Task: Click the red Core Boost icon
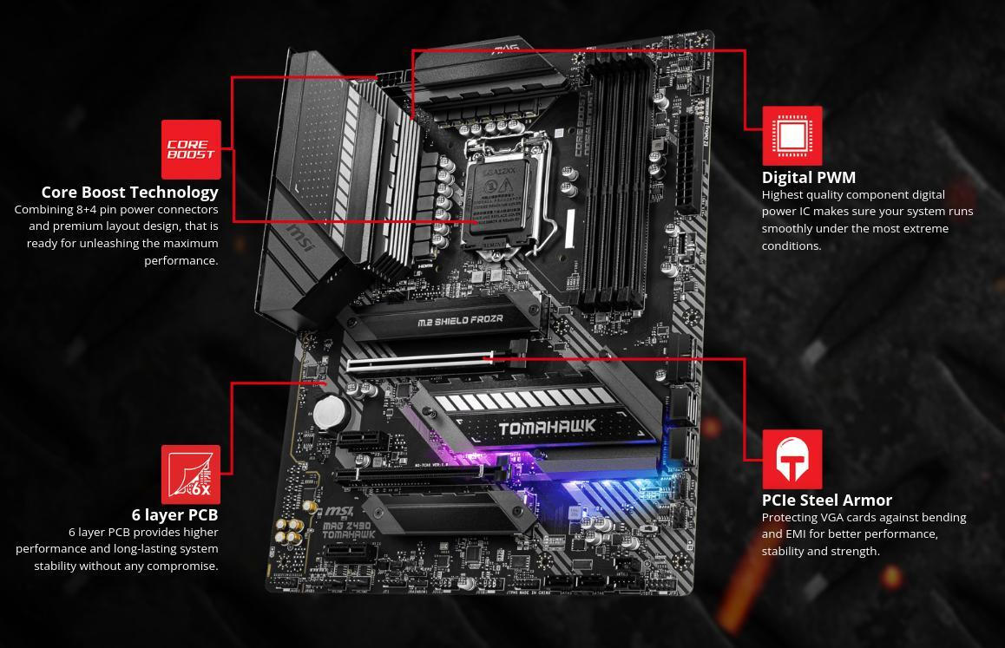pos(191,149)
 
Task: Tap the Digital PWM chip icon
pos(792,136)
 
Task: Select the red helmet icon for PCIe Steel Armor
pos(792,459)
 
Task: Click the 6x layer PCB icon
pos(191,474)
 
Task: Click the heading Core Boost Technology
pos(129,192)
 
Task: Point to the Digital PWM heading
pos(808,177)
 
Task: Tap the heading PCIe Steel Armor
pos(826,500)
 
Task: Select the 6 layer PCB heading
pos(174,514)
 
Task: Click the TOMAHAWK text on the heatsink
pos(547,427)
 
